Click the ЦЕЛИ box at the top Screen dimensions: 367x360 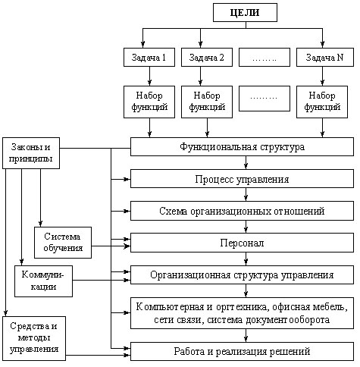(x=245, y=12)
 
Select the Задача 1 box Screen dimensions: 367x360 (x=149, y=58)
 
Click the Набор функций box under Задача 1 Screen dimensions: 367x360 (x=149, y=102)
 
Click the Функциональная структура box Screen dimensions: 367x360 (x=243, y=146)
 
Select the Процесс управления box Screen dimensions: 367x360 (x=243, y=179)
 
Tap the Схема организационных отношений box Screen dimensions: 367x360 (x=243, y=211)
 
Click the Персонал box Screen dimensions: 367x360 (x=243, y=243)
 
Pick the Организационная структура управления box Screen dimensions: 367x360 (x=243, y=274)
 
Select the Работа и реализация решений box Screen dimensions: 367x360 (x=243, y=351)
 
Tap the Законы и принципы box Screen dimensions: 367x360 (x=33, y=152)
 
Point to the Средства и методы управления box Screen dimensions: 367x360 (x=33, y=338)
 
